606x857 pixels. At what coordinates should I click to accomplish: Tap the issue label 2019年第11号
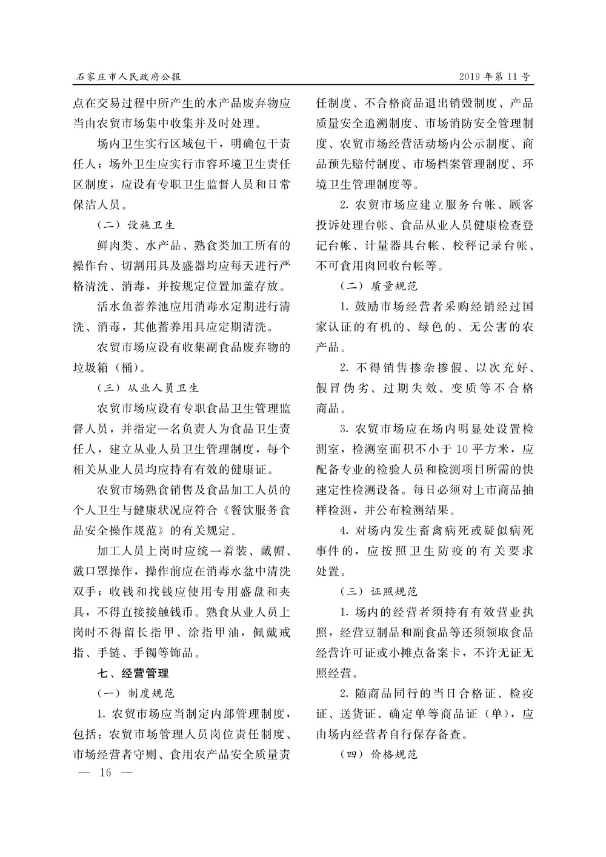tap(495, 77)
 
